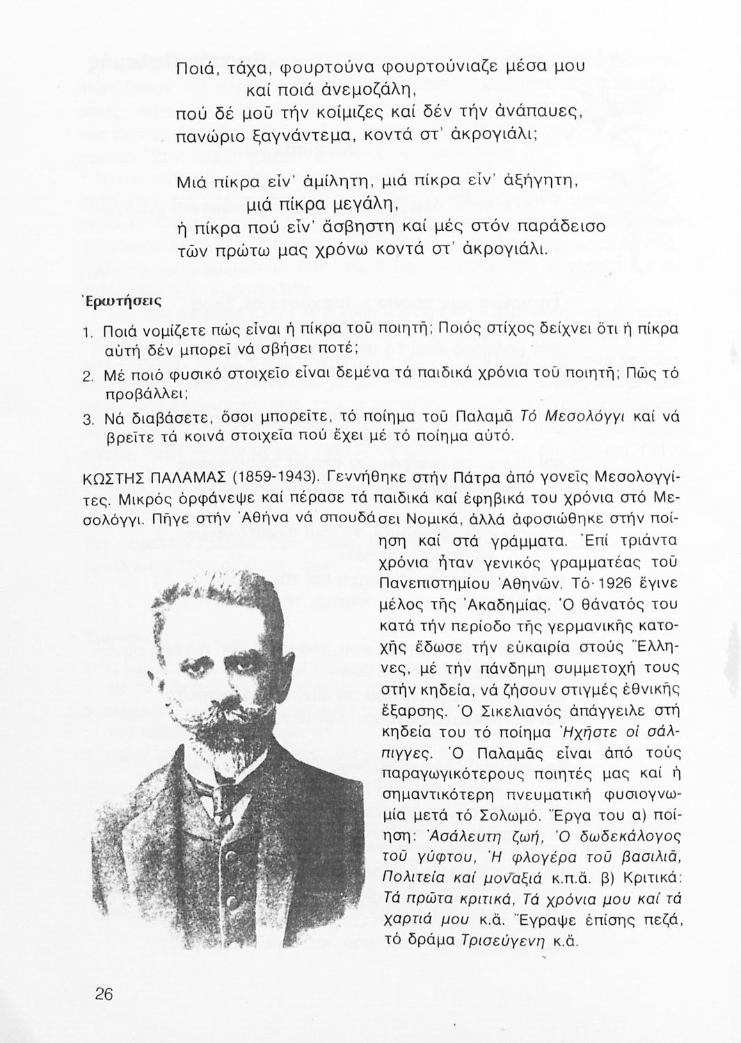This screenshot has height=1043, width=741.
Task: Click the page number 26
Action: [x=104, y=994]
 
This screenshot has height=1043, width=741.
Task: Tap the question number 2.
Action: [x=88, y=376]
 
